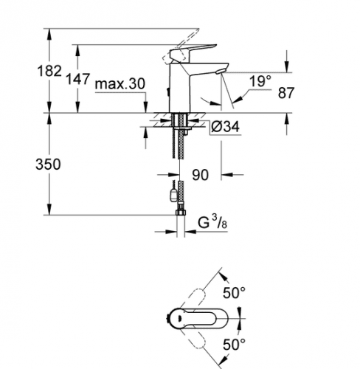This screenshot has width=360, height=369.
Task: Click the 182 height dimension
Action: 49,72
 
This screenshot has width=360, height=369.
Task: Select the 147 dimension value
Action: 77,79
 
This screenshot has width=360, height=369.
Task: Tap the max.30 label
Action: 120,84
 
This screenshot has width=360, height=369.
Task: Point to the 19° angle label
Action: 260,81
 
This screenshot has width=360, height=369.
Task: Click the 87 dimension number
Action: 286,93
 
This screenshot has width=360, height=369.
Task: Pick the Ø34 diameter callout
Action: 225,127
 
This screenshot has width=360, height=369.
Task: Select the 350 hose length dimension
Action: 48,164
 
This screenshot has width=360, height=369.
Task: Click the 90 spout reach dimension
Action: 200,175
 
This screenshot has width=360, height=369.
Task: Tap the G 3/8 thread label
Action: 212,222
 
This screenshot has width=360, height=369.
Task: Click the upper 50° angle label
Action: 234,293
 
